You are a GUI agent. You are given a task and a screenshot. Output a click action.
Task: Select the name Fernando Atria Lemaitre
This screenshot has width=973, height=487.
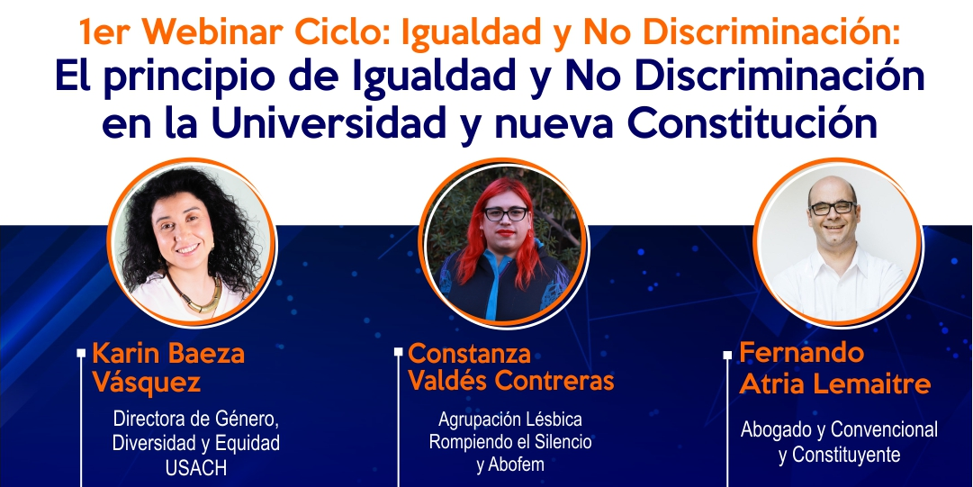point(834,367)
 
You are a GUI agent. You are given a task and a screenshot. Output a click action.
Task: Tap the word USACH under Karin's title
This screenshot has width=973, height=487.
point(196,468)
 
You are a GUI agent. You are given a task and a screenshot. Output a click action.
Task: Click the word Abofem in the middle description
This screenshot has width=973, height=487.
point(510,464)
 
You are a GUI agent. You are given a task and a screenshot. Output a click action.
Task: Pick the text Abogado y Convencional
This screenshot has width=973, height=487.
point(839,429)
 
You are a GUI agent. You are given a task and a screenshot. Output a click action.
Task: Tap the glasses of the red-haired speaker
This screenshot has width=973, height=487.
point(507,214)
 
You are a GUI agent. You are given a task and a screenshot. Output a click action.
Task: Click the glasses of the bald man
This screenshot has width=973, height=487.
point(832,208)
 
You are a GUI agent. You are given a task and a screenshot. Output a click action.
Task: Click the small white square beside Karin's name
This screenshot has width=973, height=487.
point(81,353)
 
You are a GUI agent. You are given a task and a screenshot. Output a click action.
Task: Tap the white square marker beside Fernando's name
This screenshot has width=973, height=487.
point(727,356)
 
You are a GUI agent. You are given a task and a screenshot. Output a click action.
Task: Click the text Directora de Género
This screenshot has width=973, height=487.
point(196,419)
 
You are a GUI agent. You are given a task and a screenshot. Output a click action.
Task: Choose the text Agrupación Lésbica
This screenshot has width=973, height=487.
point(510,419)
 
